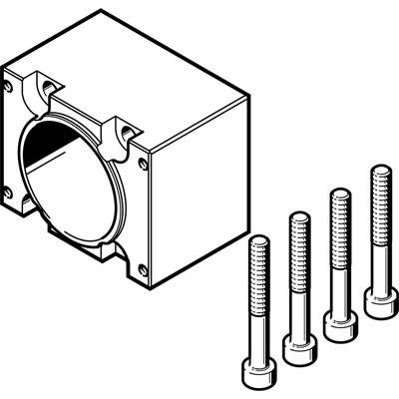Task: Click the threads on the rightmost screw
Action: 379,199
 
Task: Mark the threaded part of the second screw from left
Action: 298,243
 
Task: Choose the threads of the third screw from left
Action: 339,219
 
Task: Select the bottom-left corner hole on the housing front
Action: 8,191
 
